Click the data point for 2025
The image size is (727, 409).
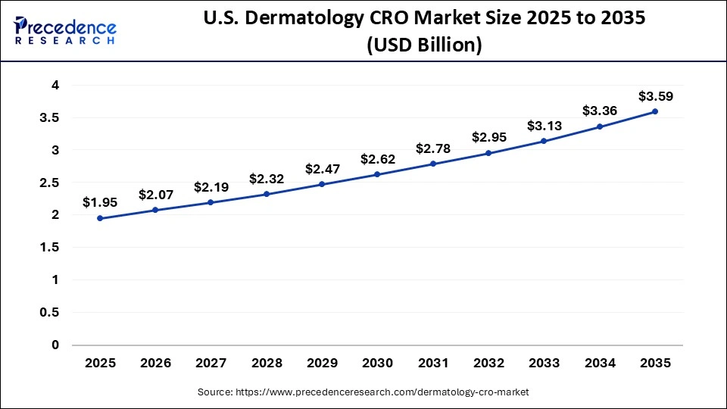point(100,218)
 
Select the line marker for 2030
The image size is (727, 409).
point(377,175)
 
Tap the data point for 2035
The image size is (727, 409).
point(655,111)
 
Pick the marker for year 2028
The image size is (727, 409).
point(267,194)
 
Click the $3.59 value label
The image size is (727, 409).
point(655,96)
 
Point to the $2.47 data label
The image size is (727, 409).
point(322,168)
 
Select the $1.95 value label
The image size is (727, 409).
point(100,202)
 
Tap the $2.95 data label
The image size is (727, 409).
point(488,137)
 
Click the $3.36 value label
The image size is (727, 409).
point(599,111)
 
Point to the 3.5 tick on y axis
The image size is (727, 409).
point(49,118)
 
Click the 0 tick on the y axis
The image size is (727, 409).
point(55,345)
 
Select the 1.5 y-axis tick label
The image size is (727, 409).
point(49,248)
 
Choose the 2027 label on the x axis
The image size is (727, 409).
point(211,364)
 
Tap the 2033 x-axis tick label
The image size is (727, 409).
point(544,364)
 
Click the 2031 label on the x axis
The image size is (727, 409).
point(433,364)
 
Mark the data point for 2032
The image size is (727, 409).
point(488,153)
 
